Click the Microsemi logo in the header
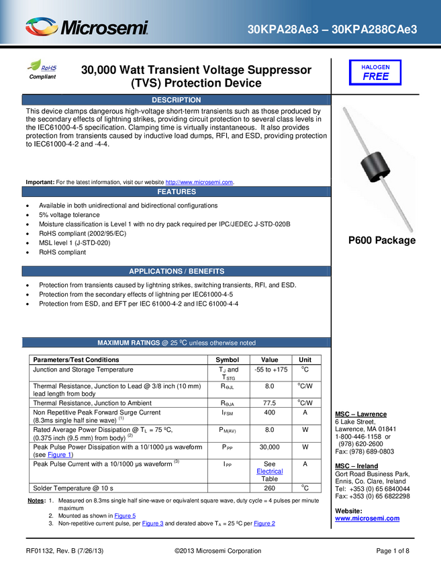tap(87, 27)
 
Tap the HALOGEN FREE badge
tap(375, 73)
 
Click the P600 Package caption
tap(382, 240)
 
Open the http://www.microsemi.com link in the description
tap(199, 182)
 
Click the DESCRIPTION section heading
tap(177, 100)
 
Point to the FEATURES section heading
tap(177, 191)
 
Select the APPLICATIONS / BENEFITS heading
tap(177, 271)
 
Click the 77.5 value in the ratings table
tap(270, 403)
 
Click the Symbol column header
tap(228, 360)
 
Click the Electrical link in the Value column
tap(270, 471)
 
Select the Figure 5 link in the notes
tap(125, 516)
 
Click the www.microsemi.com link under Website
tap(367, 519)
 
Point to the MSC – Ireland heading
tap(356, 466)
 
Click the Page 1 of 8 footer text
tap(393, 551)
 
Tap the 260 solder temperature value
tap(270, 488)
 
